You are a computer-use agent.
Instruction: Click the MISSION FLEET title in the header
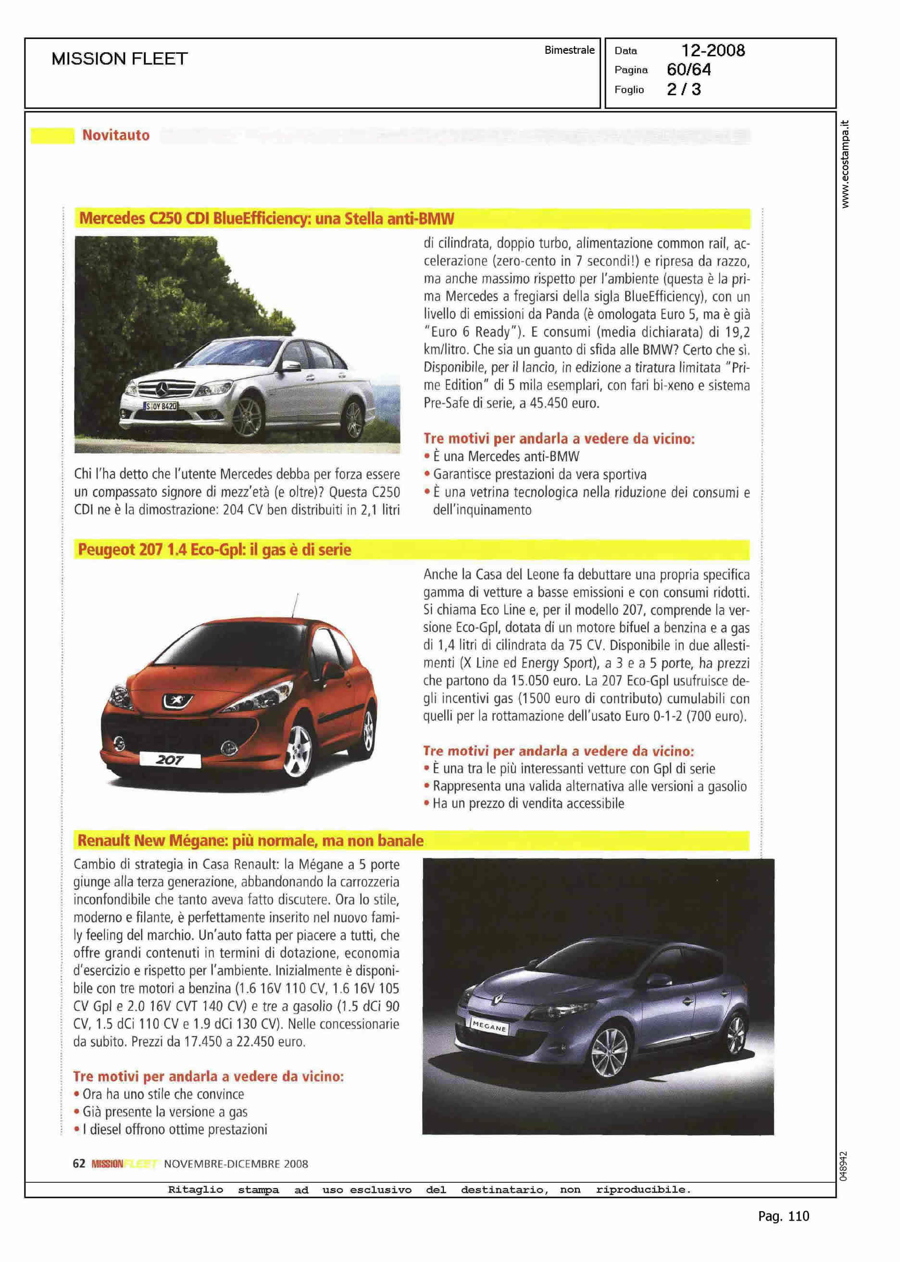coord(119,59)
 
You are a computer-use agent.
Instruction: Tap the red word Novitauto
coord(116,135)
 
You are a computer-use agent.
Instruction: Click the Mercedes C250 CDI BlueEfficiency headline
coord(266,219)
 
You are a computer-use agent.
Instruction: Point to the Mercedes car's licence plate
coord(161,406)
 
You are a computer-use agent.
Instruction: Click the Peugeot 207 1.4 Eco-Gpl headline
coord(214,550)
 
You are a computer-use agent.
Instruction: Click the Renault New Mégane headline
coord(250,841)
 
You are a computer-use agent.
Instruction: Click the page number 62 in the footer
coord(79,1164)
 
